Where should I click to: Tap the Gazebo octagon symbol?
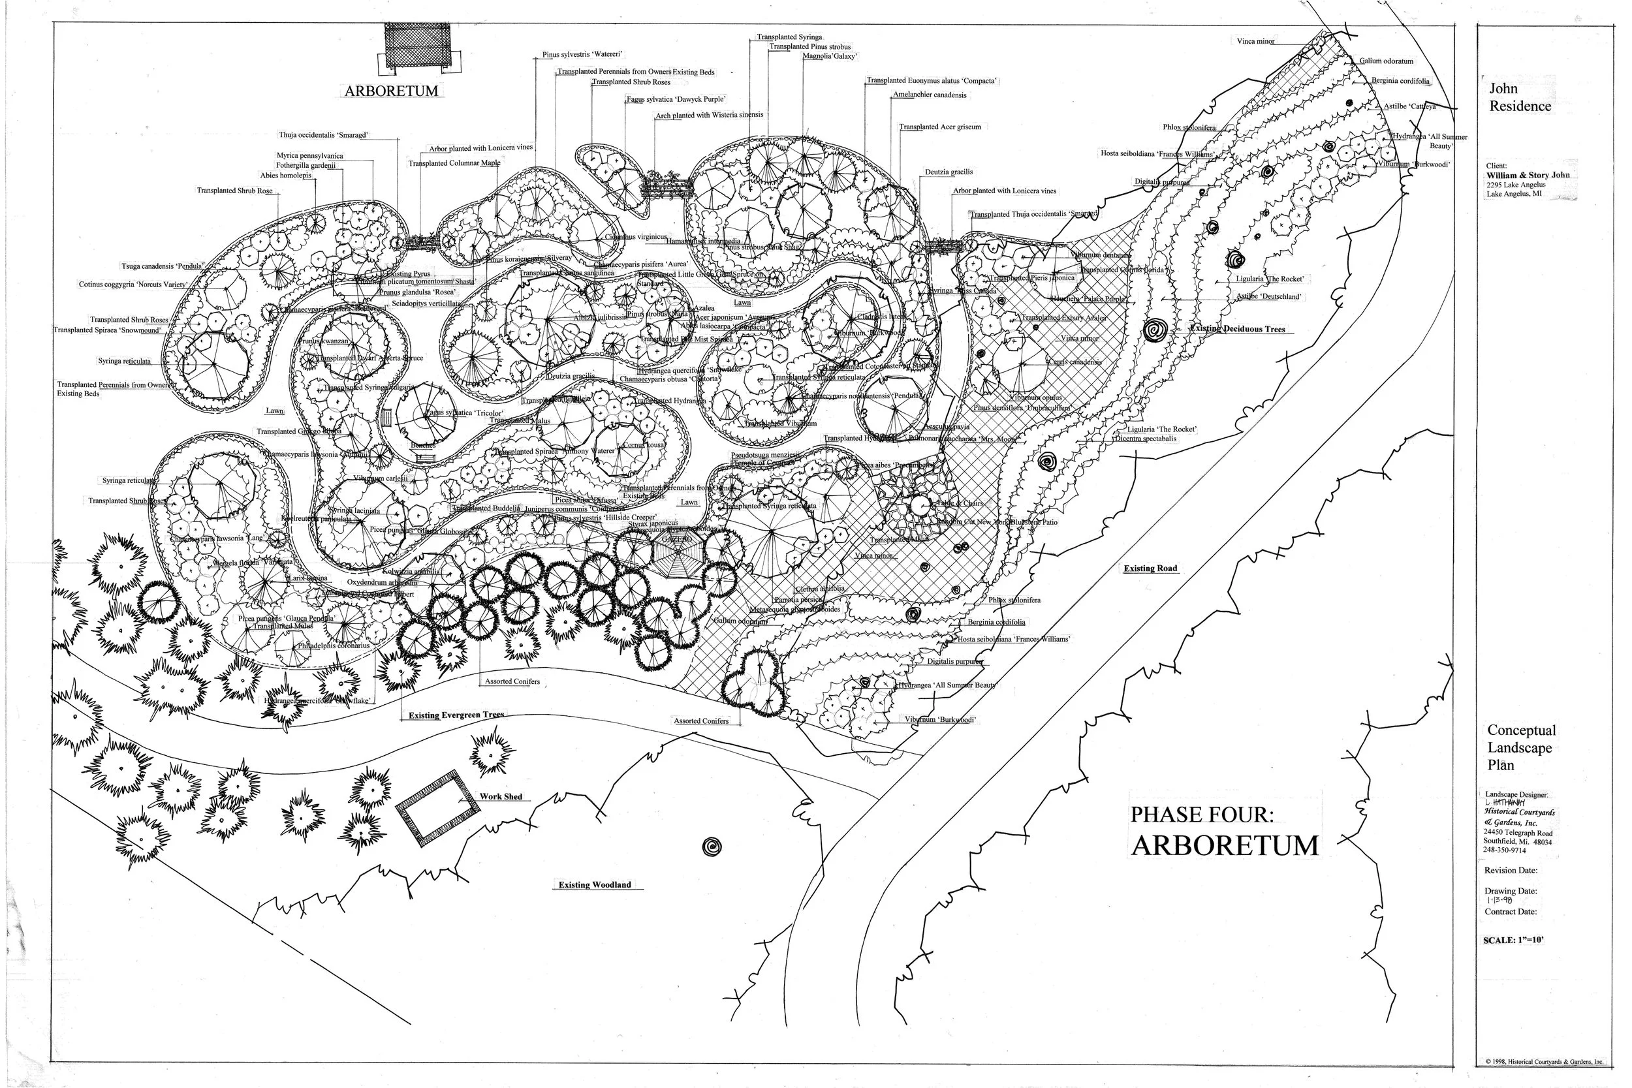tap(671, 559)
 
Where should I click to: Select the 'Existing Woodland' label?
tap(595, 885)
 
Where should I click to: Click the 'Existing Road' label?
tap(1150, 568)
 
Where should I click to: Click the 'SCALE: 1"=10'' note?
tap(1514, 941)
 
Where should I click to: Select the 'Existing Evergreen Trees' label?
tap(456, 715)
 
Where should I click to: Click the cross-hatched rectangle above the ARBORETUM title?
tap(418, 46)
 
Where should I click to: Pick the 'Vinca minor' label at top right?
tap(1255, 42)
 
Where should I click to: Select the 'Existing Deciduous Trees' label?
tap(1237, 329)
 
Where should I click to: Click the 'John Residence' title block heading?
tap(1519, 97)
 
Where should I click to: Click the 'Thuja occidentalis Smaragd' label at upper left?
tap(323, 134)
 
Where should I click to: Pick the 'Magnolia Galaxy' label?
tap(829, 56)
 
